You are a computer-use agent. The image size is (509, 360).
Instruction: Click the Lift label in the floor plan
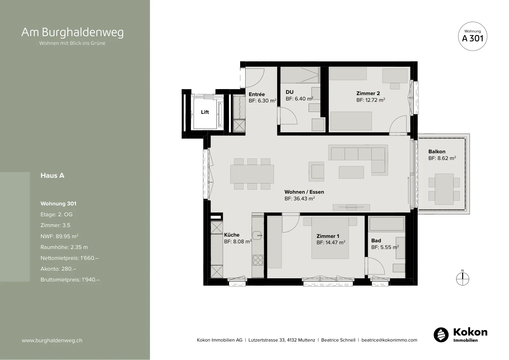coord(205,112)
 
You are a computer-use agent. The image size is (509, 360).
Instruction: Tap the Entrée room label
coord(256,94)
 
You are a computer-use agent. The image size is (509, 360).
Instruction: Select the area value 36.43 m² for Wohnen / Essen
coord(299,198)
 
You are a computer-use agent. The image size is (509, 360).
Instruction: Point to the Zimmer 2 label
coord(368,93)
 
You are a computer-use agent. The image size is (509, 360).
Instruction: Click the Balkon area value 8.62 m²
coord(442,158)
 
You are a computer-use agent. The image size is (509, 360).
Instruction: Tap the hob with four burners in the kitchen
coord(258,260)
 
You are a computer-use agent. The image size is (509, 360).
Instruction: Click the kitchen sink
coord(257,235)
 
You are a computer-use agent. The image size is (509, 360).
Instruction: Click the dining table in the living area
coord(252,174)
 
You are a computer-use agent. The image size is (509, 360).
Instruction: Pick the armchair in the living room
coord(316,171)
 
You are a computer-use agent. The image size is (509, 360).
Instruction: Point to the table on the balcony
coord(444,189)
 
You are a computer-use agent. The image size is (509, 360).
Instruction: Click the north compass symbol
coord(463,279)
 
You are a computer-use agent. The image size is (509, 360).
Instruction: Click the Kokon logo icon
coord(441,335)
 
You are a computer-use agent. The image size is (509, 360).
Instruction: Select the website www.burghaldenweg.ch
coord(52,340)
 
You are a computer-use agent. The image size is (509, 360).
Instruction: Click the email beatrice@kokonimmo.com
coord(389,340)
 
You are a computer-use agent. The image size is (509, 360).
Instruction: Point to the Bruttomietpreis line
coord(70,280)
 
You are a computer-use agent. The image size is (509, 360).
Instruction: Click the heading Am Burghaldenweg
coord(73,32)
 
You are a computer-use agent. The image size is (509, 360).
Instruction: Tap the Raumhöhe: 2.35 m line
coord(64,247)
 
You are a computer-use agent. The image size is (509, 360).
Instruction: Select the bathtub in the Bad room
coord(387,224)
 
